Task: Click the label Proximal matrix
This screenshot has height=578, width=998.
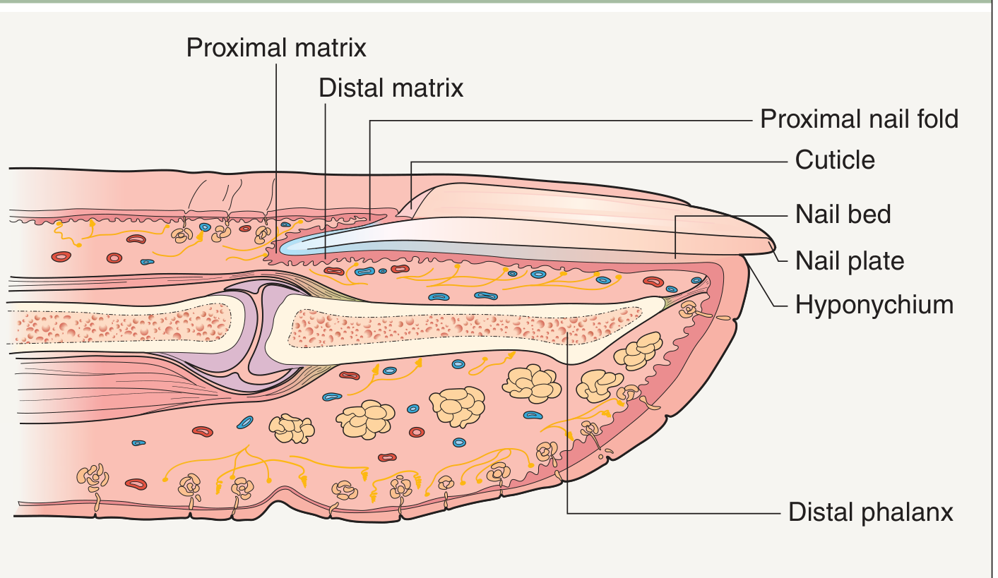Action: [x=276, y=47]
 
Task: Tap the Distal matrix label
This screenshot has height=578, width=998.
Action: [x=391, y=88]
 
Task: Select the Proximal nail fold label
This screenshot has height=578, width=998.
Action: [x=859, y=119]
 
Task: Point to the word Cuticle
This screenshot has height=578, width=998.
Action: [x=835, y=159]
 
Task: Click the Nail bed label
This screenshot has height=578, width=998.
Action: [x=843, y=213]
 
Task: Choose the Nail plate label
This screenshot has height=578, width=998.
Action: [x=850, y=260]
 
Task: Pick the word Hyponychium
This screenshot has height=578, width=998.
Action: [x=874, y=305]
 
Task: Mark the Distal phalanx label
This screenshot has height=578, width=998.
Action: [x=871, y=512]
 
